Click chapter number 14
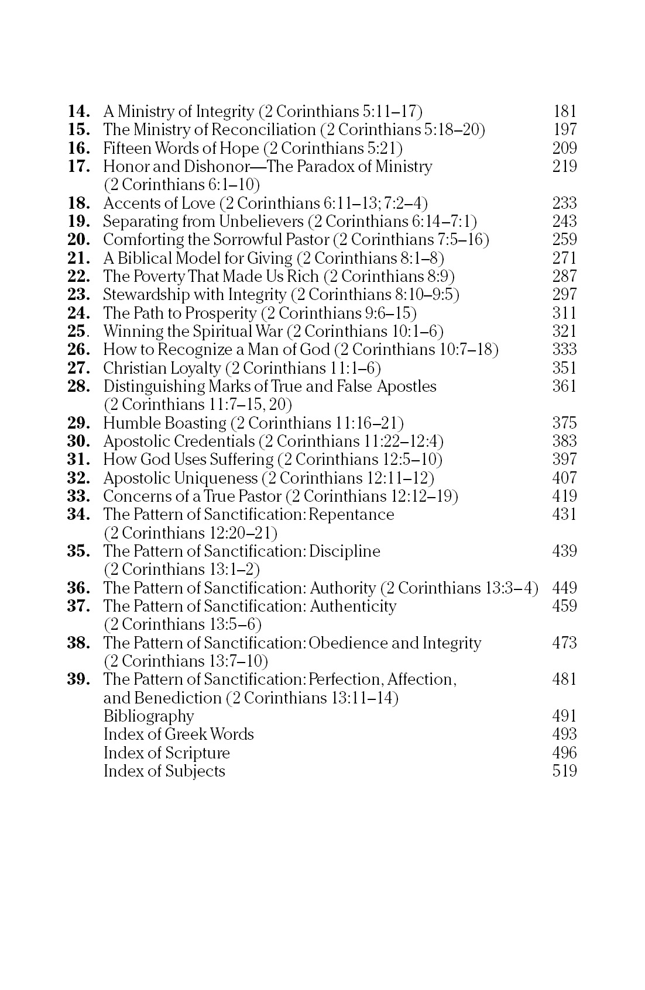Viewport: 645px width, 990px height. [x=79, y=111]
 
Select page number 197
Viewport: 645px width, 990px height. [x=565, y=129]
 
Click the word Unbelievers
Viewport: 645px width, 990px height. [x=261, y=222]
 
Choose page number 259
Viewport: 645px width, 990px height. [x=565, y=240]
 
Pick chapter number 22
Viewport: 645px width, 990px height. [x=79, y=276]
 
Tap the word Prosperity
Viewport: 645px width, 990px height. [x=220, y=313]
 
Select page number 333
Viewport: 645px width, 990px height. [x=565, y=350]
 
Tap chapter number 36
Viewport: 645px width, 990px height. [x=79, y=588]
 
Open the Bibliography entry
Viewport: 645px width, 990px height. [x=149, y=716]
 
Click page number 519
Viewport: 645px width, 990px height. [x=565, y=771]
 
